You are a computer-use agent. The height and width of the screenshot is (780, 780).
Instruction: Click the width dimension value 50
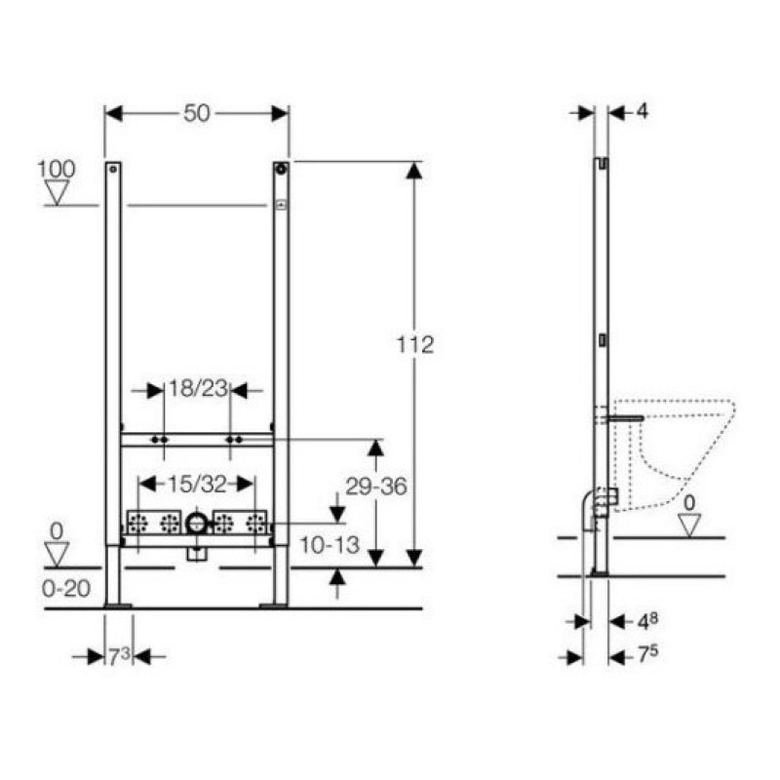[x=197, y=113]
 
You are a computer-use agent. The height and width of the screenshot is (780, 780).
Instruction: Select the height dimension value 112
[x=414, y=344]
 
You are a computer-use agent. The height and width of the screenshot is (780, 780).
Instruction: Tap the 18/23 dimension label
[x=197, y=389]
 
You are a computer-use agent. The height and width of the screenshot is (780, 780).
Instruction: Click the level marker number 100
[x=57, y=169]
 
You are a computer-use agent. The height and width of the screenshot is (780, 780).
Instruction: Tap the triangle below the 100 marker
[x=58, y=193]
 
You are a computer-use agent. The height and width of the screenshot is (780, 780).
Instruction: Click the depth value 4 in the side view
[x=642, y=111]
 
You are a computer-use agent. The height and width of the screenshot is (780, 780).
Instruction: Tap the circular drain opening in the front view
[x=196, y=524]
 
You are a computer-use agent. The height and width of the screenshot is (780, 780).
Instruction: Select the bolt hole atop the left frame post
[x=113, y=170]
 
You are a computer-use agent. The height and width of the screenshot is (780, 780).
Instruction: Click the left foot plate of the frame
[x=118, y=606]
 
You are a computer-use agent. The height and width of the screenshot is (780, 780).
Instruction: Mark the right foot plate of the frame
[x=274, y=606]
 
